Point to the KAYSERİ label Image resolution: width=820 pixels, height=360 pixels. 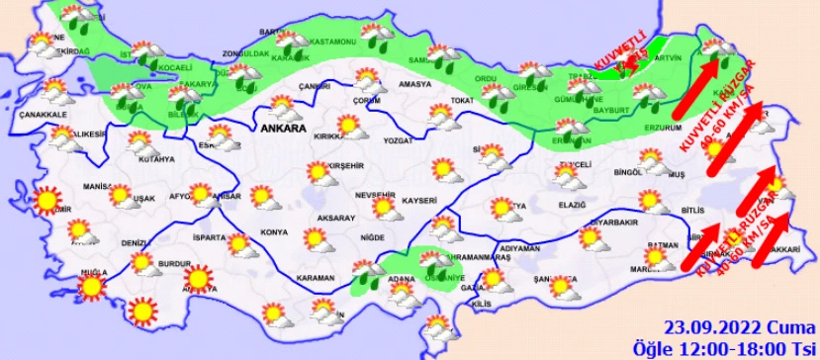click(x=419, y=201)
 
